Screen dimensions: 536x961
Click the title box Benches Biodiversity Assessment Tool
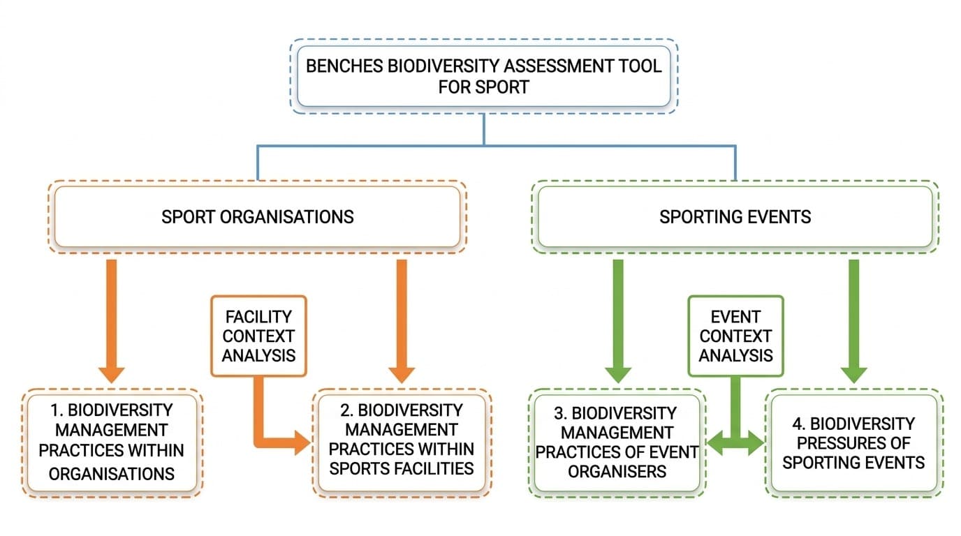point(483,77)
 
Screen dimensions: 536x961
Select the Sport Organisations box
point(257,216)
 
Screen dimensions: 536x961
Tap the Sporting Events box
point(735,216)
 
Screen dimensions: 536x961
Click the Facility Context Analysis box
point(258,336)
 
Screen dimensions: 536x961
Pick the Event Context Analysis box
point(735,336)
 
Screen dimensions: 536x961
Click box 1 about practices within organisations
point(112,441)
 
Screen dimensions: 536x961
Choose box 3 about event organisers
point(617,442)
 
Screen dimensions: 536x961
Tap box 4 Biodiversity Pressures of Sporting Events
point(853,442)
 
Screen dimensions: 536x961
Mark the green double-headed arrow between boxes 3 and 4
point(735,441)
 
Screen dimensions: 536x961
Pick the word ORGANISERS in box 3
point(617,471)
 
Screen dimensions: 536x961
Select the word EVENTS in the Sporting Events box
point(777,216)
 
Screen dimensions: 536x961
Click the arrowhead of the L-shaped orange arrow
point(301,442)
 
